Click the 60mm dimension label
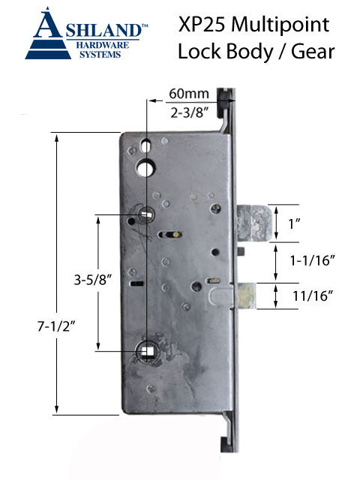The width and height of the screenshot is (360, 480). tap(189, 94)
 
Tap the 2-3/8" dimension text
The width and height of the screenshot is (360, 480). tap(190, 113)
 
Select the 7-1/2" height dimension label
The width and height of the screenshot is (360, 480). tap(57, 327)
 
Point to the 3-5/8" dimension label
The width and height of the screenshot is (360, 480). tap(93, 280)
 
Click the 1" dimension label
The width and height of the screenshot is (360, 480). tap(294, 223)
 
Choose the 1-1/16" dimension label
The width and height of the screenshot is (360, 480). tap(313, 260)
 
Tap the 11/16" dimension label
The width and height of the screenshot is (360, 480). tap(313, 295)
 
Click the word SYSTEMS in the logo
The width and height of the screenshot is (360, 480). tap(100, 55)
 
